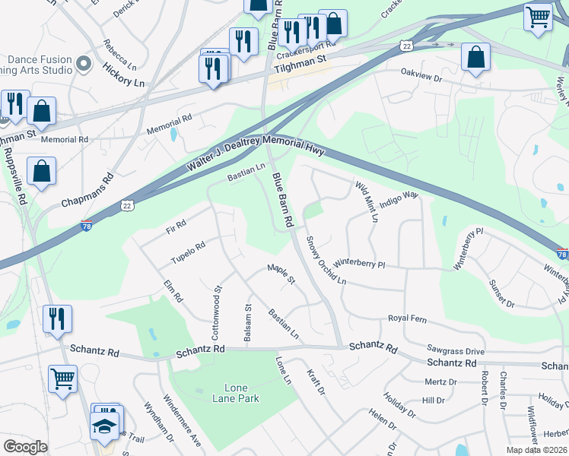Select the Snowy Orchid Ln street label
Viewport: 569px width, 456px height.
[x=326, y=261]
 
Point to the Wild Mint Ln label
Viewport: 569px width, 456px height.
[x=366, y=201]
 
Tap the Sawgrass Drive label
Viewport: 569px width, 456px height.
[x=456, y=351]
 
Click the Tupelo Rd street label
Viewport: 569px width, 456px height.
[x=188, y=251]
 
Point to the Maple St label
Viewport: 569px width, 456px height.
[x=281, y=274]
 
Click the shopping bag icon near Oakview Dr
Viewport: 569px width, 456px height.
[x=475, y=58]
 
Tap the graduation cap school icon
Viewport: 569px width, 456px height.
[x=105, y=426]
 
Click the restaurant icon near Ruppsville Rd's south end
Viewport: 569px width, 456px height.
[x=57, y=319]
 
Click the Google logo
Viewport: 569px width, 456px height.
[x=25, y=447]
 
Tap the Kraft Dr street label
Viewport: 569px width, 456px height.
[x=316, y=382]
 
